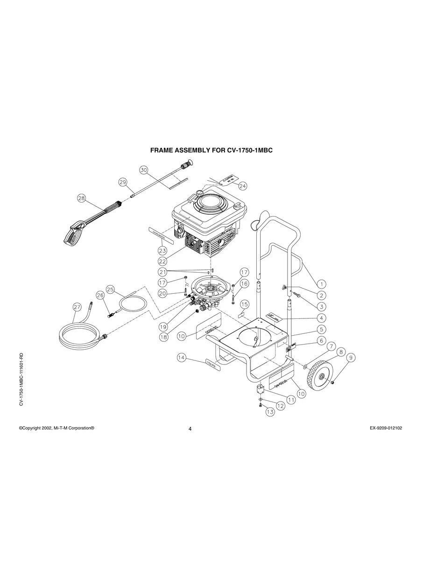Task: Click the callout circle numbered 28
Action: pyautogui.click(x=82, y=198)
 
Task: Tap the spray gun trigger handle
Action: pyautogui.click(x=76, y=234)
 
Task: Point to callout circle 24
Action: pyautogui.click(x=242, y=186)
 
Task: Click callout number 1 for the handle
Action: pyautogui.click(x=321, y=283)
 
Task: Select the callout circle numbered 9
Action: pyautogui.click(x=351, y=358)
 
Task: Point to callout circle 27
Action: pyautogui.click(x=78, y=307)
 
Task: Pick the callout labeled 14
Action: pyautogui.click(x=182, y=358)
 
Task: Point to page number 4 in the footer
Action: pyautogui.click(x=190, y=429)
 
